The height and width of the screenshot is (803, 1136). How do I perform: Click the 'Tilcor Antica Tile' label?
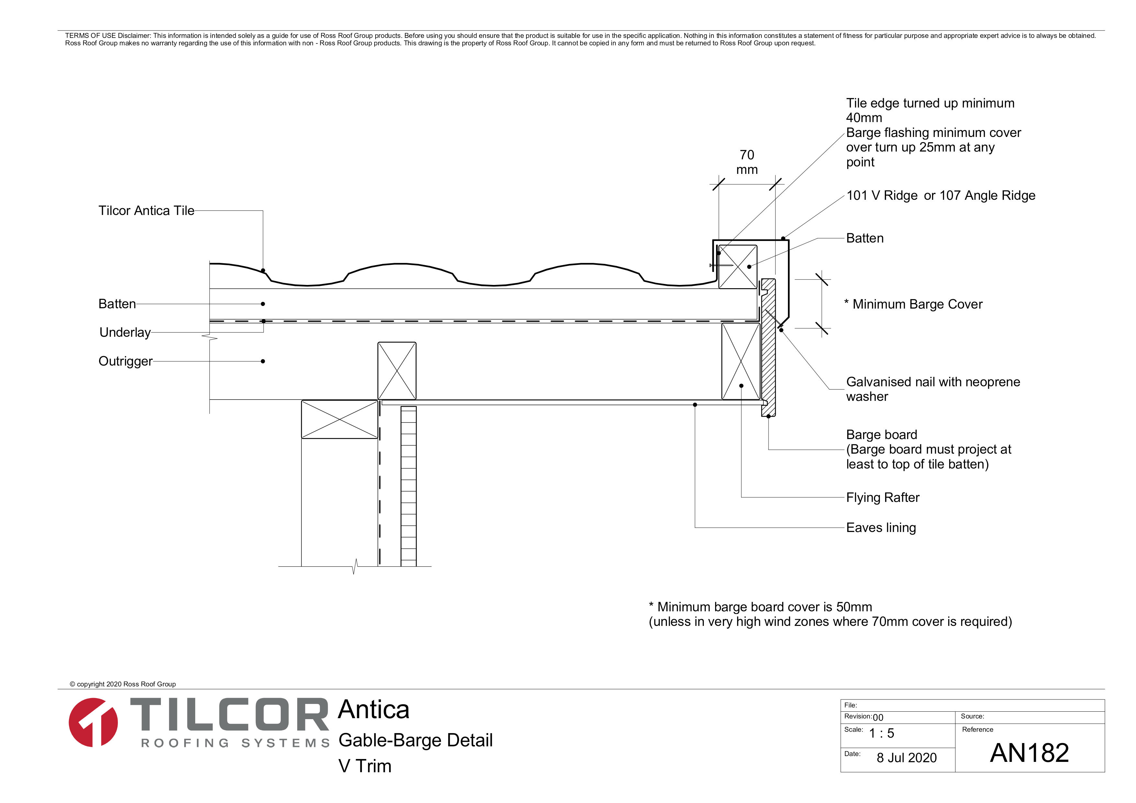pyautogui.click(x=146, y=211)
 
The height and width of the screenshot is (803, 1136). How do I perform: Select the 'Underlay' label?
pyautogui.click(x=125, y=333)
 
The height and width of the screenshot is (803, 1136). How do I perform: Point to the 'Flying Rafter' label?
pyautogui.click(x=882, y=497)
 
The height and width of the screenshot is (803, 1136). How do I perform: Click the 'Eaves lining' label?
pyautogui.click(x=881, y=527)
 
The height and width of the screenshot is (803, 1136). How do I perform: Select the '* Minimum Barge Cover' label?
pyautogui.click(x=913, y=304)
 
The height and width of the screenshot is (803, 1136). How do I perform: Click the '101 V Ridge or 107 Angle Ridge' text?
pyautogui.click(x=940, y=196)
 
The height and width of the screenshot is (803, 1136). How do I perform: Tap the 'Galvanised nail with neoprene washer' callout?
pyautogui.click(x=933, y=389)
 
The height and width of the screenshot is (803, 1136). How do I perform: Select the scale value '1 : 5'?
pyautogui.click(x=881, y=733)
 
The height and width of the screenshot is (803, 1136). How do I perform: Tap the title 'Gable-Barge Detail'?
pyautogui.click(x=415, y=740)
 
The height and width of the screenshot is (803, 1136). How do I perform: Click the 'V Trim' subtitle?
pyautogui.click(x=365, y=766)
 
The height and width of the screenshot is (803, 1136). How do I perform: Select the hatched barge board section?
pyautogui.click(x=768, y=356)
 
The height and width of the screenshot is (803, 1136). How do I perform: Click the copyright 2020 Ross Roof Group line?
pyautogui.click(x=123, y=684)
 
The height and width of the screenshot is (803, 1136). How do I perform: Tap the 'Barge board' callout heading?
pyautogui.click(x=881, y=435)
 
